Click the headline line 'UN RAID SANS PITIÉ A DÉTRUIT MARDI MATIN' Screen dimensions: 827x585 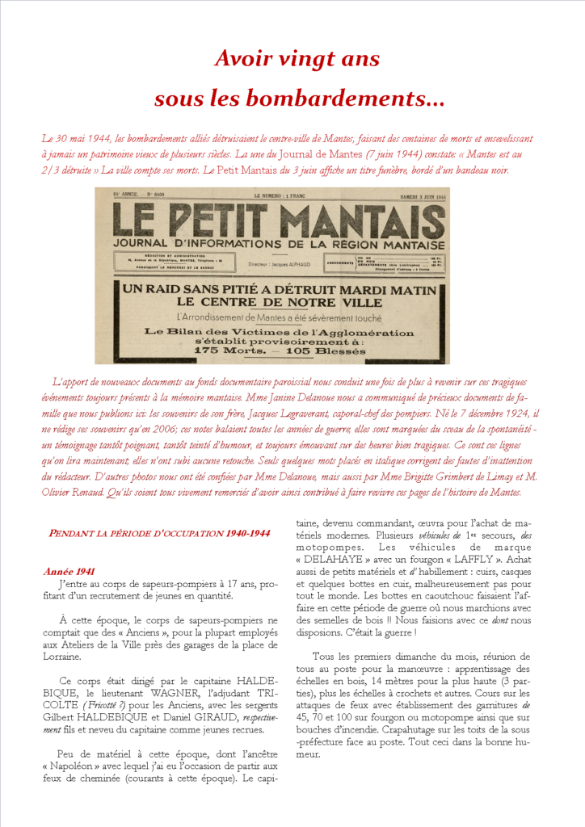coord(280,289)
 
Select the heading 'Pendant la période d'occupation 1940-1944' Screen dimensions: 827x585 coord(158,533)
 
